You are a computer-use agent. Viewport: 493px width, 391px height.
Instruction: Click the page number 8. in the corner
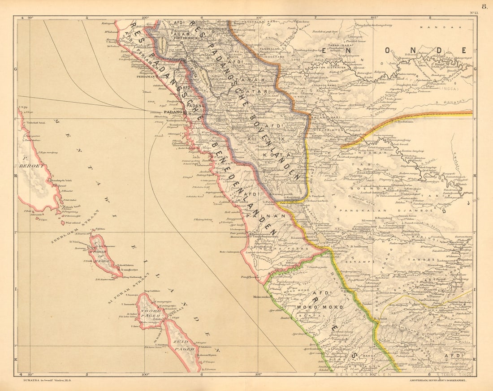point(484,6)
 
